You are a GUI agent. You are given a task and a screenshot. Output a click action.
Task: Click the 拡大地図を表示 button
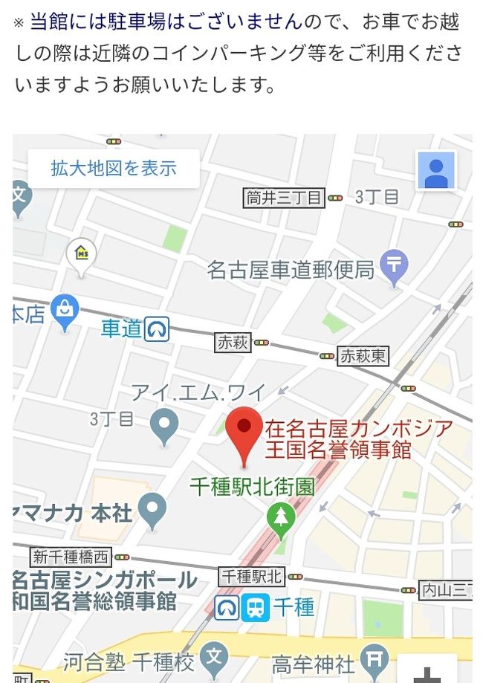[114, 168]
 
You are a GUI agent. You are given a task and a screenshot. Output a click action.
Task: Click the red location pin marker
[244, 431]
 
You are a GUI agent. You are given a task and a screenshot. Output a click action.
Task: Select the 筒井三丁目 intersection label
[285, 198]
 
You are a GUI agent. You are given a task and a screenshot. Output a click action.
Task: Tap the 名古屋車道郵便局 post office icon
[393, 266]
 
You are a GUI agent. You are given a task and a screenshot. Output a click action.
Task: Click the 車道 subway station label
[122, 328]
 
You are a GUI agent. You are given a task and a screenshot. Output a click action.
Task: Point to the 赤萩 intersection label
[233, 343]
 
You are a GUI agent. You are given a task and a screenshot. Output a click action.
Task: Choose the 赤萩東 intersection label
[363, 356]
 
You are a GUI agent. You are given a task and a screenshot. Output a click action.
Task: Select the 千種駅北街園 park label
[252, 487]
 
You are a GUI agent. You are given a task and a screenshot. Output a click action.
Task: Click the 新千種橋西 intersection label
[71, 557]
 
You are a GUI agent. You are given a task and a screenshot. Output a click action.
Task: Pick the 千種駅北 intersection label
[252, 576]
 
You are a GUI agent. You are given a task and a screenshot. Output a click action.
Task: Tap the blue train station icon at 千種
[255, 608]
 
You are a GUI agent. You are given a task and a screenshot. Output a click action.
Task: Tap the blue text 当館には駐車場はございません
[166, 22]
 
